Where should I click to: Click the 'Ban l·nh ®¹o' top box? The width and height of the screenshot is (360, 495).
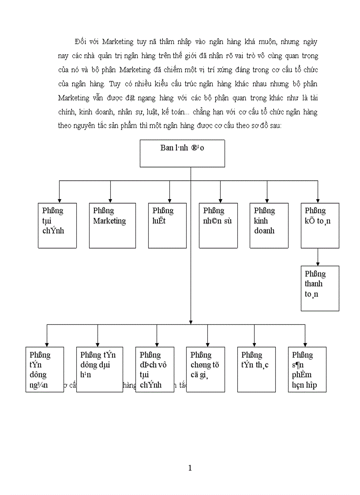[x=182, y=153]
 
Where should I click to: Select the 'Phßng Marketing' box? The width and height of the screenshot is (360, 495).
[x=112, y=225]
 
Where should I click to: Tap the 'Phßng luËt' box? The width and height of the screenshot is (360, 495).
[x=167, y=225]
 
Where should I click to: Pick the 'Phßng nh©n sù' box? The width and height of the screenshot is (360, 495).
[x=218, y=225]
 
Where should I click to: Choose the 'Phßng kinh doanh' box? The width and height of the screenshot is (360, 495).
[x=269, y=225]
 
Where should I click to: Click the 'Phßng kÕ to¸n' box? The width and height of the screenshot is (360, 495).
[x=320, y=225]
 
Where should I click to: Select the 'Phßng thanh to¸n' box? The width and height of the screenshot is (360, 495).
[x=320, y=288]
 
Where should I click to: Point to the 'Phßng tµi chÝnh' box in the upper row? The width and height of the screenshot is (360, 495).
[x=57, y=225]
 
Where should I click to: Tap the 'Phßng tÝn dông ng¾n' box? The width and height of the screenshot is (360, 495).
[x=45, y=369]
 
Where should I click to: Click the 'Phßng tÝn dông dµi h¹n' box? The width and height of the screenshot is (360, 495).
[x=99, y=369]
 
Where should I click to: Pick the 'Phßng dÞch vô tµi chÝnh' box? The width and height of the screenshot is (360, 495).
[x=155, y=369]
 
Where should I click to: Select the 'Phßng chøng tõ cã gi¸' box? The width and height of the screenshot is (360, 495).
[x=206, y=369]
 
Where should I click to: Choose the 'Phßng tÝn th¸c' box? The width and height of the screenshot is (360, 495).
[x=256, y=369]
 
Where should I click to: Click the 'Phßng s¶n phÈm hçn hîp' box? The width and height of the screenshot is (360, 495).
[x=307, y=369]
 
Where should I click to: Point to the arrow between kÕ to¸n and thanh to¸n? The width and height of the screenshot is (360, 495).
[x=318, y=257]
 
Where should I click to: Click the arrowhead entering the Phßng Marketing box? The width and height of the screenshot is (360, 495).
[x=110, y=200]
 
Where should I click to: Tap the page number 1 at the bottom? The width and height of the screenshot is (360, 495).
[x=190, y=468]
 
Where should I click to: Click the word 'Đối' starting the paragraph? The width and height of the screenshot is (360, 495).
[x=81, y=42]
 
